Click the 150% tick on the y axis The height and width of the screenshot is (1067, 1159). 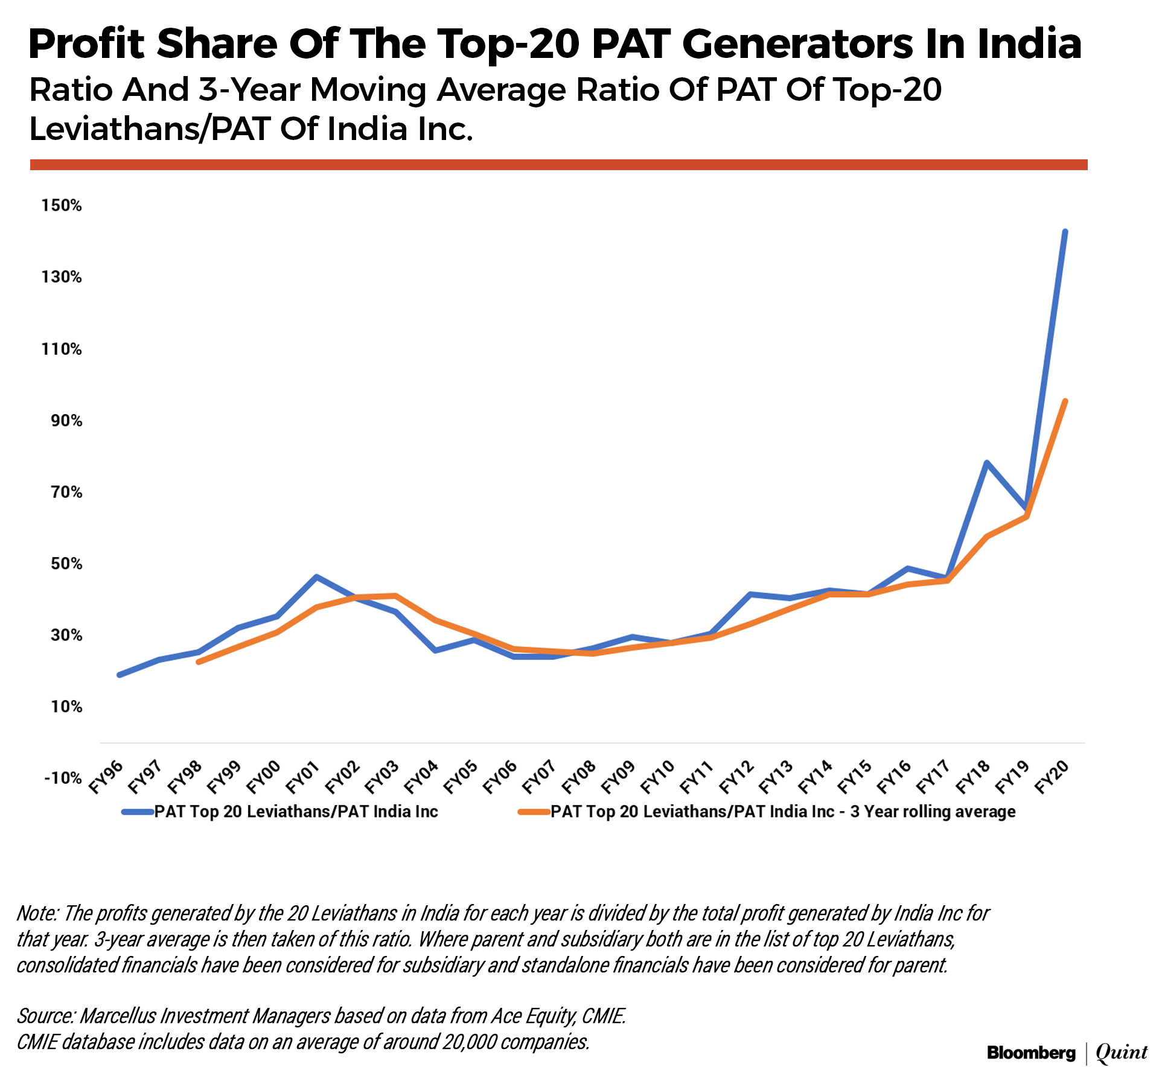[x=61, y=206]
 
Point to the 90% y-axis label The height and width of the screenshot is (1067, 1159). [x=66, y=421]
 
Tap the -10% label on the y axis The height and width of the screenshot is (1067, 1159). [x=63, y=778]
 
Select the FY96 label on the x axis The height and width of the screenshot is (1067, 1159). [x=107, y=777]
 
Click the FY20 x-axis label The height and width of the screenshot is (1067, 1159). [x=1053, y=777]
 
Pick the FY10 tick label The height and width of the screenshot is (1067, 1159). [x=658, y=777]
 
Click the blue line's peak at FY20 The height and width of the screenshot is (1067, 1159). [x=1065, y=232]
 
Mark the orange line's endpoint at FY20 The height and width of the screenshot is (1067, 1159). [x=1065, y=401]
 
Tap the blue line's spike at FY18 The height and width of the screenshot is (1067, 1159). [x=986, y=463]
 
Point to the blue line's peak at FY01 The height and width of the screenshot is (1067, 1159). [x=316, y=577]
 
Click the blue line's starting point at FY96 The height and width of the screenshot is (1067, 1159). [x=120, y=675]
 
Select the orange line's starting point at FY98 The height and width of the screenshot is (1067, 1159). [x=199, y=662]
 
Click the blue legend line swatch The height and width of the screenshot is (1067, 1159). [x=138, y=812]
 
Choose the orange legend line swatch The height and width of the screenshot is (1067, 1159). [x=534, y=812]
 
